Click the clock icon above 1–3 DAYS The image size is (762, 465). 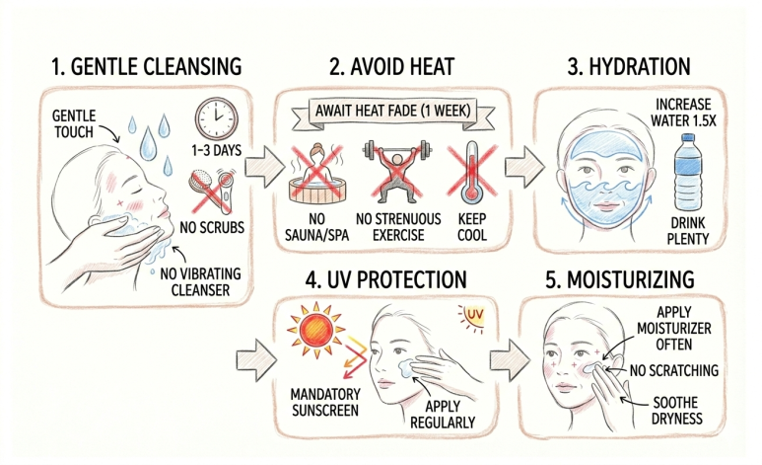[216, 118]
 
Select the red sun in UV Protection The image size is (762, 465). [315, 330]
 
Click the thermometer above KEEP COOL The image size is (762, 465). [471, 173]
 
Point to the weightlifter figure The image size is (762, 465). [397, 171]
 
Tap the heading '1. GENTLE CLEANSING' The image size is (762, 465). [146, 66]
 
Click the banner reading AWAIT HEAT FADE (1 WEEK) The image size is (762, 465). [393, 113]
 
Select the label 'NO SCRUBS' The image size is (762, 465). [212, 227]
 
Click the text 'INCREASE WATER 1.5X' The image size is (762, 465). [683, 113]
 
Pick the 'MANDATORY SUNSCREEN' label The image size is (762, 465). [325, 402]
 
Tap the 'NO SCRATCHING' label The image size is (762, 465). [674, 370]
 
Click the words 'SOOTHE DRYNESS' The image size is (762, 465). [676, 411]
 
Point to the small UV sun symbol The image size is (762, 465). [471, 318]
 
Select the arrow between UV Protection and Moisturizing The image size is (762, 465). [509, 360]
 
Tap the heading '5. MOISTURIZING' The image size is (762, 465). [620, 280]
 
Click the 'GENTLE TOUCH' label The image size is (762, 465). [73, 123]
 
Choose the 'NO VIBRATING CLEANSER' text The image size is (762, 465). [200, 282]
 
